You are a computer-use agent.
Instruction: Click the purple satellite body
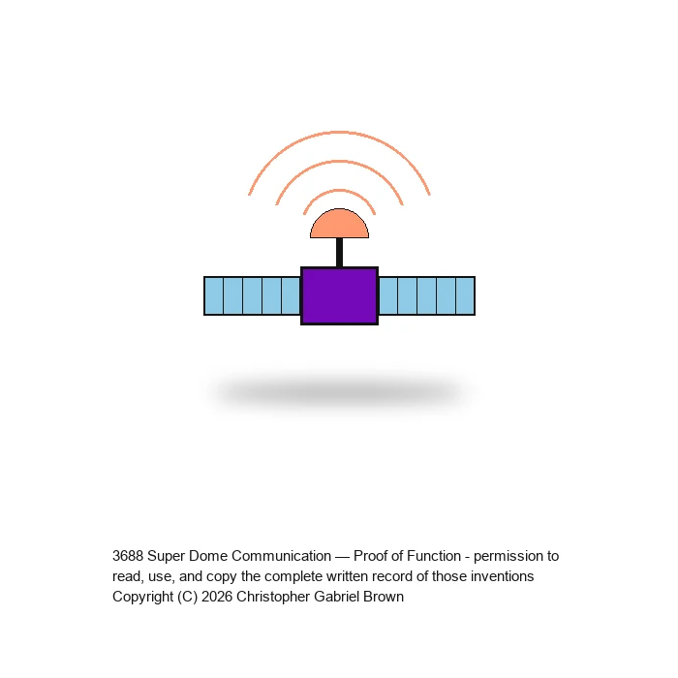[x=339, y=295]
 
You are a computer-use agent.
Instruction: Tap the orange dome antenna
[x=339, y=225]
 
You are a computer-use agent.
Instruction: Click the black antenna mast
[x=339, y=253]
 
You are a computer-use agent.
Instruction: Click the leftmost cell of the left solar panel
[x=214, y=295]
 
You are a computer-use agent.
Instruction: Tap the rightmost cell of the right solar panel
[x=465, y=295]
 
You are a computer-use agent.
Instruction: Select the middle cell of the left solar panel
[x=253, y=295]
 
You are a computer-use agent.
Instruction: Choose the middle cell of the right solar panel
[x=427, y=295]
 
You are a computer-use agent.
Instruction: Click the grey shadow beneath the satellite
[x=339, y=391]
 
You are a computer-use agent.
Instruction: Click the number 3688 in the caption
[x=128, y=556]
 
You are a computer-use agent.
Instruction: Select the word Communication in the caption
[x=282, y=556]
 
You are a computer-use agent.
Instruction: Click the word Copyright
[x=142, y=598]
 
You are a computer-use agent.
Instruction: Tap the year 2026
[x=217, y=597]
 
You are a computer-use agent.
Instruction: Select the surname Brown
[x=384, y=597]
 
